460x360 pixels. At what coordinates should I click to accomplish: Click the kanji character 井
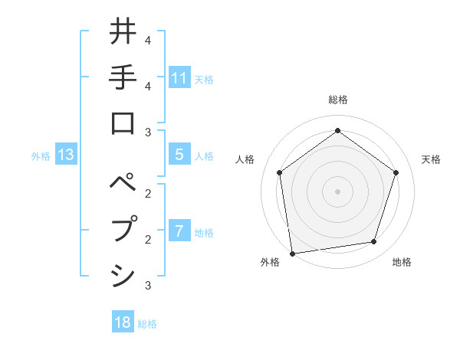[123, 32]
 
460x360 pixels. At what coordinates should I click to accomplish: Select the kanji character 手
[123, 77]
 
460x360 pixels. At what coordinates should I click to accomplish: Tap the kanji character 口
[123, 123]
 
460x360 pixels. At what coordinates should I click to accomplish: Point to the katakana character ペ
[123, 185]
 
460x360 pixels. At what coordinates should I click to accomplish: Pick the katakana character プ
[123, 230]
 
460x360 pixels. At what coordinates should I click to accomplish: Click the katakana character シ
[123, 275]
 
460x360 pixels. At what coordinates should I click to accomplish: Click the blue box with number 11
[179, 77]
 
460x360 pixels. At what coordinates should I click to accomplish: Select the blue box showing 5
[179, 155]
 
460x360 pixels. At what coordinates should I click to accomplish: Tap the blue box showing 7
[179, 231]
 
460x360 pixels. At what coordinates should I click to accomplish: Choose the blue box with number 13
[66, 155]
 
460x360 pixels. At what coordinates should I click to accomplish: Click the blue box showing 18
[123, 322]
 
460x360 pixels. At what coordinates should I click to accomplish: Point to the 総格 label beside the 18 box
[147, 323]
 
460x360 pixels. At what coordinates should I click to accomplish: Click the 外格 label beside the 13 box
[41, 156]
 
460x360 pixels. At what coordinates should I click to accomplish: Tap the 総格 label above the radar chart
[337, 100]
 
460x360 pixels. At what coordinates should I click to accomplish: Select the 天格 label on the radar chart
[431, 159]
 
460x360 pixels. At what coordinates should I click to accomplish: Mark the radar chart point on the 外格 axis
[292, 253]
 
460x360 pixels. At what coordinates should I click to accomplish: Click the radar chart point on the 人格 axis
[279, 172]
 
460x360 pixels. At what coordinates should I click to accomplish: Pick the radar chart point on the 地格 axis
[374, 242]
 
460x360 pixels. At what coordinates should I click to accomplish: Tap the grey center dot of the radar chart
[337, 191]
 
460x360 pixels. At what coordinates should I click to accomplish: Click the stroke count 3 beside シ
[147, 286]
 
